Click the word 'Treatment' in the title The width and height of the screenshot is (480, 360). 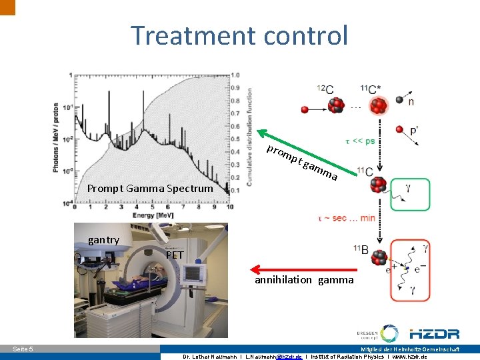[x=182, y=35]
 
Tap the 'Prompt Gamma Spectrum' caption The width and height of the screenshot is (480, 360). [x=150, y=189]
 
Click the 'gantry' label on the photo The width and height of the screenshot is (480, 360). [x=103, y=240]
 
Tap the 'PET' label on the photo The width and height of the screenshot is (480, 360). [x=175, y=255]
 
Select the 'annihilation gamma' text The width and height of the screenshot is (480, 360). [x=304, y=280]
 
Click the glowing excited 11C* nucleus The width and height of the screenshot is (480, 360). [x=379, y=105]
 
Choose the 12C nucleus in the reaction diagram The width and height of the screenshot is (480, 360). [x=335, y=105]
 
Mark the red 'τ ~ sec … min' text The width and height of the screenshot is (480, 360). [x=347, y=218]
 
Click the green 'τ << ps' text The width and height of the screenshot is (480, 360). [x=359, y=141]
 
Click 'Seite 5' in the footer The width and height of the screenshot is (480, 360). [x=23, y=349]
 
